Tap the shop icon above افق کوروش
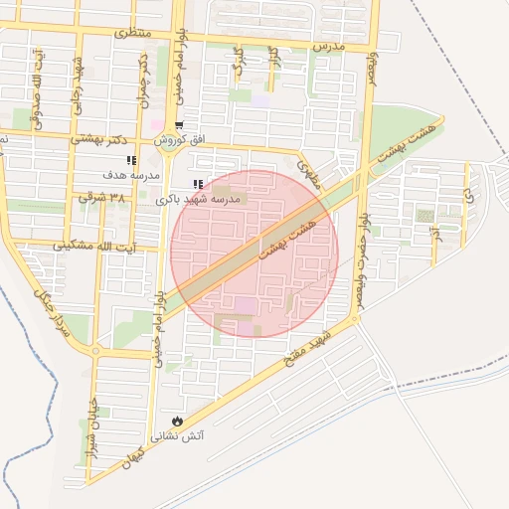click(179, 126)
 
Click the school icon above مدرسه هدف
click(130, 160)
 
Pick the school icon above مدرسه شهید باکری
click(198, 184)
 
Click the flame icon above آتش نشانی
click(178, 422)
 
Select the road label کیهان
click(132, 457)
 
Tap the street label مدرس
click(327, 47)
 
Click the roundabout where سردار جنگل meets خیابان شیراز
click(95, 350)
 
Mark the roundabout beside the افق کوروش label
click(164, 142)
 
